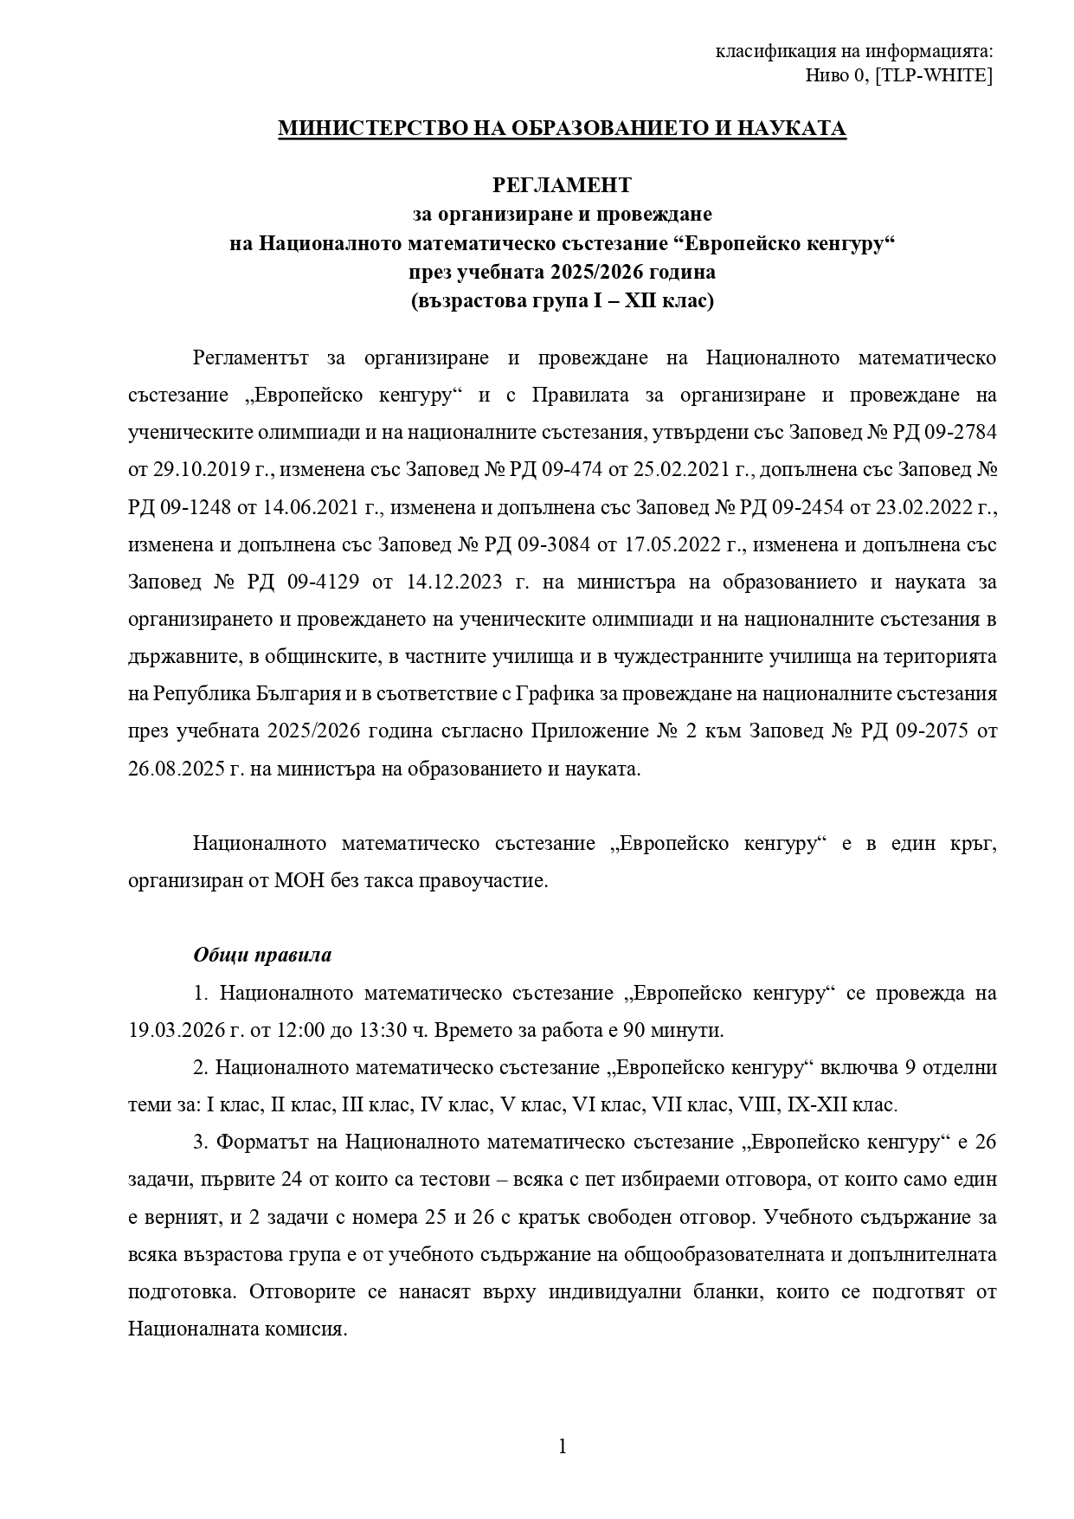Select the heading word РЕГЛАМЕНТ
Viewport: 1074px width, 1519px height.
click(562, 185)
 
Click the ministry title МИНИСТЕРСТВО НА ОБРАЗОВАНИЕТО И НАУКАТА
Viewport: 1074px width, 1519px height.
click(562, 129)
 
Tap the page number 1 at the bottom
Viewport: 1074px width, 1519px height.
click(563, 1446)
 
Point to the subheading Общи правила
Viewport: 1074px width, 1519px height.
click(262, 956)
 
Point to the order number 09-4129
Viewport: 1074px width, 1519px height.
click(322, 582)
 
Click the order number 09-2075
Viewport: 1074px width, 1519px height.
click(916, 731)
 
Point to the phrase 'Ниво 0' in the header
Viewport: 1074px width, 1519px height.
click(835, 75)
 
